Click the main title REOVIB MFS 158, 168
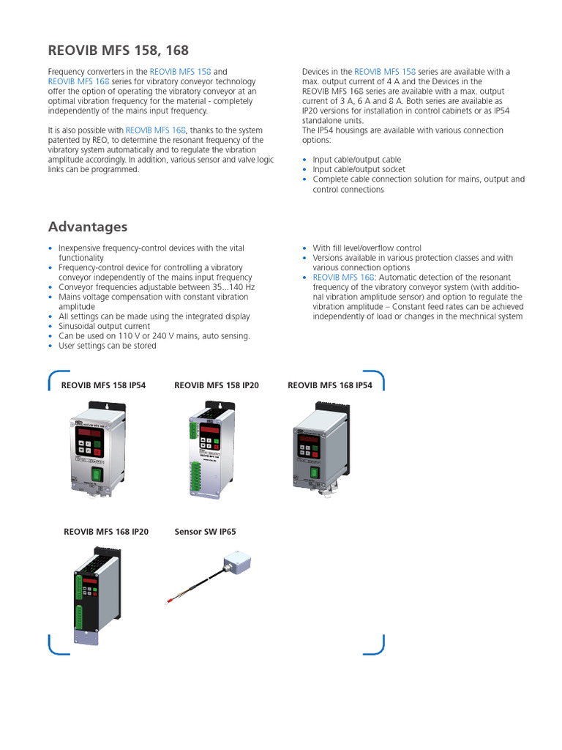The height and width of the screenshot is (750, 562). pyautogui.click(x=118, y=50)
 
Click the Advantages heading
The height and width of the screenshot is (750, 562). pyautogui.click(x=87, y=226)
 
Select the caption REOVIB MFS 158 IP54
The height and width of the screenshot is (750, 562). pyautogui.click(x=104, y=385)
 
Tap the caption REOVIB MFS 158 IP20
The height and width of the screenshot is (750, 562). pyautogui.click(x=216, y=385)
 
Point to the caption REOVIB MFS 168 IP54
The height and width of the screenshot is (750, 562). pyautogui.click(x=329, y=385)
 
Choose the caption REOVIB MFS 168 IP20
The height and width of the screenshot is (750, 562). pyautogui.click(x=106, y=532)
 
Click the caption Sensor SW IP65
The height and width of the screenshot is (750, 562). pyautogui.click(x=205, y=532)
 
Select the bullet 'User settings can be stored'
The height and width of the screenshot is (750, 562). pyautogui.click(x=107, y=346)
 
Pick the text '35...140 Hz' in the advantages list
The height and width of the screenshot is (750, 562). pyautogui.click(x=230, y=287)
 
